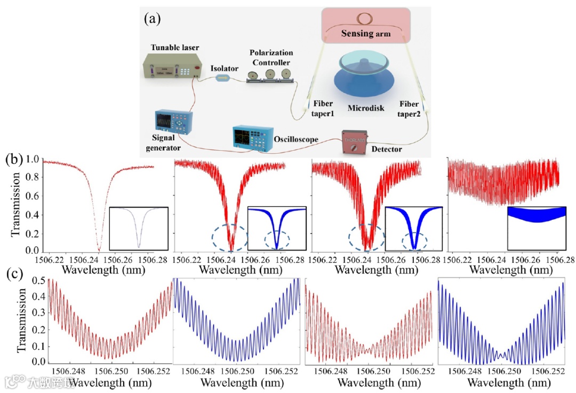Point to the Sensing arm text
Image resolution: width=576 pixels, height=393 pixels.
click(x=366, y=34)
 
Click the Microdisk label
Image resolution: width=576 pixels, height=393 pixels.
click(x=366, y=108)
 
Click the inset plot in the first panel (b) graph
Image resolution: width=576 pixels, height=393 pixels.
click(x=139, y=228)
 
